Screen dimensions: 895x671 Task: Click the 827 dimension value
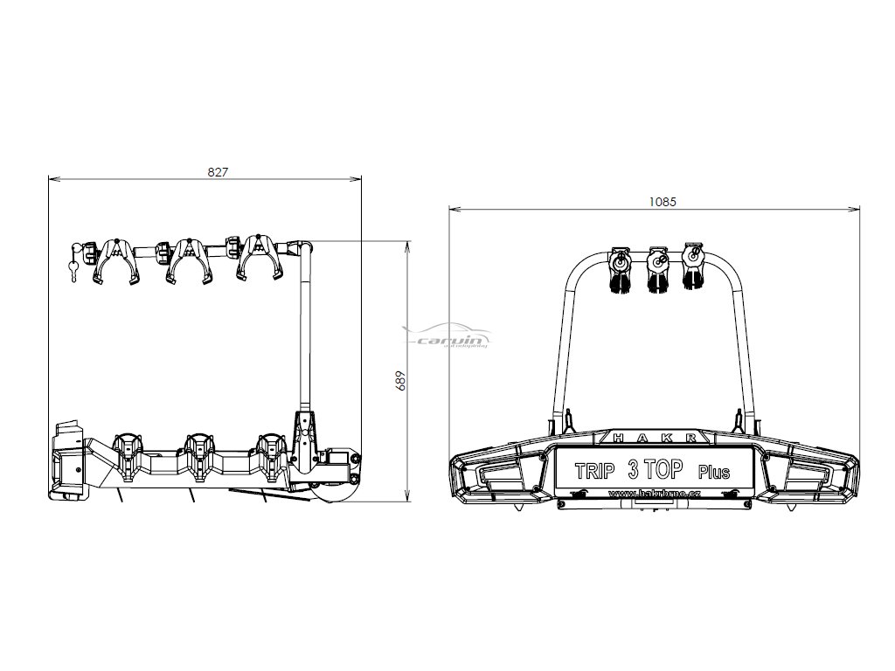click(x=218, y=172)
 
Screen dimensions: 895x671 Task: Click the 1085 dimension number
click(x=663, y=201)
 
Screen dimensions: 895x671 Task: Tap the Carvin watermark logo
click(x=450, y=337)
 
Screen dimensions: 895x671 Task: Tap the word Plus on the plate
click(x=714, y=473)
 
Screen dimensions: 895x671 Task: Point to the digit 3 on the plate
click(x=633, y=470)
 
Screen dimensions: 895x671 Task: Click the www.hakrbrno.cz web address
click(x=652, y=494)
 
